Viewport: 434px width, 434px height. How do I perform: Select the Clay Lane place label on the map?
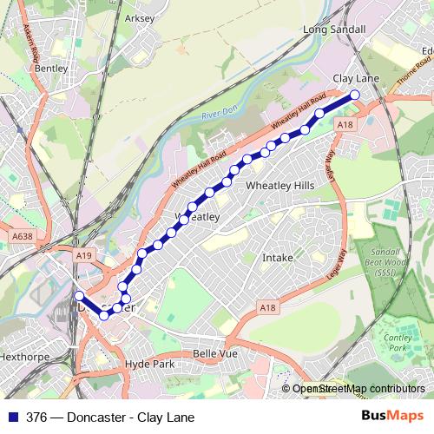pyautogui.click(x=357, y=78)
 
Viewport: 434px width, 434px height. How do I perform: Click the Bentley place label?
pyautogui.click(x=51, y=67)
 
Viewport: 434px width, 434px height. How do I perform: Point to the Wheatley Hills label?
pyautogui.click(x=280, y=186)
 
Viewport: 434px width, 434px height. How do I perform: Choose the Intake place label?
pyautogui.click(x=278, y=258)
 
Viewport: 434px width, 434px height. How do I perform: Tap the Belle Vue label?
pyautogui.click(x=215, y=354)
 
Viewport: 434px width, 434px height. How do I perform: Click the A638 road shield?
pyautogui.click(x=23, y=234)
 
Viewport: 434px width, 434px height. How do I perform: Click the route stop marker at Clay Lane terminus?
pyautogui.click(x=354, y=95)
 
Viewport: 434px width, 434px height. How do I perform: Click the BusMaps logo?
pyautogui.click(x=392, y=417)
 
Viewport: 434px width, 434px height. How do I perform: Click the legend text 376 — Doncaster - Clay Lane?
pyautogui.click(x=110, y=418)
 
